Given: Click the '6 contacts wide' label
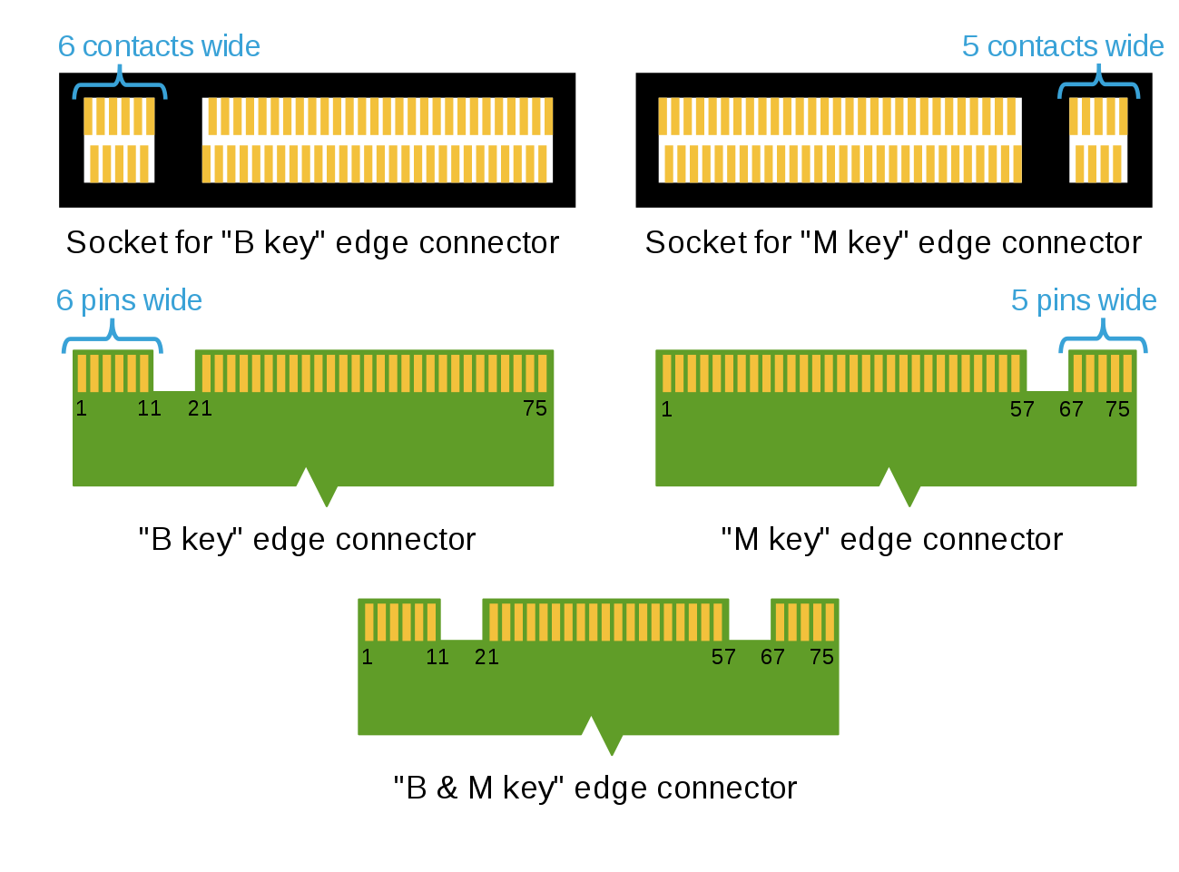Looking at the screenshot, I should point(159,46).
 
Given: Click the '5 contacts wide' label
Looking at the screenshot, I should point(1062,46).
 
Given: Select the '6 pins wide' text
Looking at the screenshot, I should point(129,300).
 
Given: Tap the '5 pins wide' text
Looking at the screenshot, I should point(1084,300).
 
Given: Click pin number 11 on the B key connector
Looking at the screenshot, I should point(149,408).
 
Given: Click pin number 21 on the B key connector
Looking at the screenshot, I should point(200,408).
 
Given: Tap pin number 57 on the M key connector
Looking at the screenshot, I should point(1022,409).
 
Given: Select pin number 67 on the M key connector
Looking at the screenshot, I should point(1071,409).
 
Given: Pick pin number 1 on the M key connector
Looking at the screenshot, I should point(666,409).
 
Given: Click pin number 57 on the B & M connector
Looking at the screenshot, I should point(723,657).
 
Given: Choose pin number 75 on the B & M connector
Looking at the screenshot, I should point(821,657).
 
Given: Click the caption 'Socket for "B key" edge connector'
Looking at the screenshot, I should point(312,243).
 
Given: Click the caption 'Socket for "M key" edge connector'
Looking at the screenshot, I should point(893,243).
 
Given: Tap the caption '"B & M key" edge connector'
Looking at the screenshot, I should point(594,788).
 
